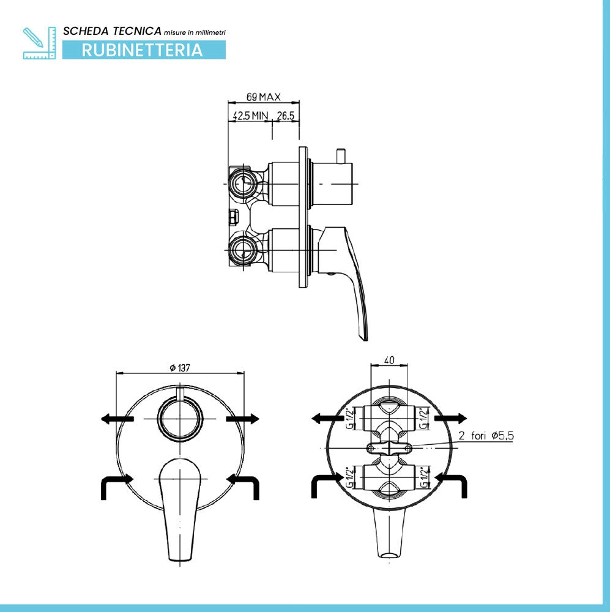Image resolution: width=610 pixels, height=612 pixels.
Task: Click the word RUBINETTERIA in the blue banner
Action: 142,50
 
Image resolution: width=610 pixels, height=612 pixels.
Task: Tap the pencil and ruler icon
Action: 39,43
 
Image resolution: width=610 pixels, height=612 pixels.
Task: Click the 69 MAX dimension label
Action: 264,97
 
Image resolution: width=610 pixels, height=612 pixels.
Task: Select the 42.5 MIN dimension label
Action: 251,116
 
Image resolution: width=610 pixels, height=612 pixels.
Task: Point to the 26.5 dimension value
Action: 285,116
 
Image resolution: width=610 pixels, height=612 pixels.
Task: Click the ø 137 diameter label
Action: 180,367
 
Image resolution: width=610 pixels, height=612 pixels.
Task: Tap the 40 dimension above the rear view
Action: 389,359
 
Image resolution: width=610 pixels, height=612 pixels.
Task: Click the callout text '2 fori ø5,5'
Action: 486,436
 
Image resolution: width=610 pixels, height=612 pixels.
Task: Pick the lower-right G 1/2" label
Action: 424,478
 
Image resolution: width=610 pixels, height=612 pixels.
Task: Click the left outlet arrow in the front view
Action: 117,419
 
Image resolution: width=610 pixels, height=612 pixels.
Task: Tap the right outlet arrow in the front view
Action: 242,419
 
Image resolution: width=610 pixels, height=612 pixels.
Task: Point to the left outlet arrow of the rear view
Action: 328,419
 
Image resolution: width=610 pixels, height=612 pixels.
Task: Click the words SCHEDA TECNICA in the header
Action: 112,31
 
